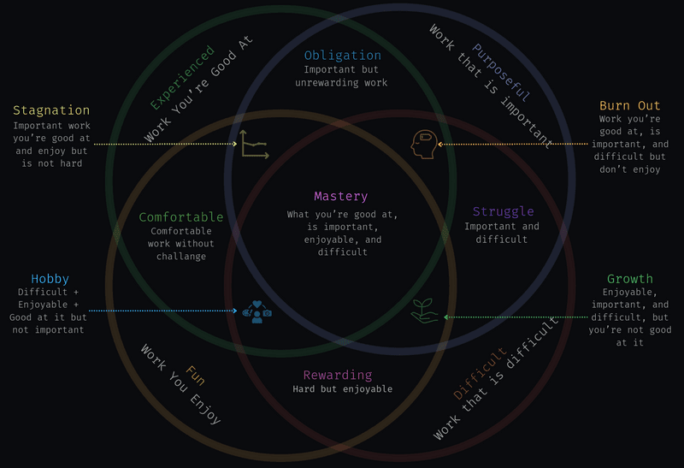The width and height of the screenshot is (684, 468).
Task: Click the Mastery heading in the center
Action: pyautogui.click(x=340, y=197)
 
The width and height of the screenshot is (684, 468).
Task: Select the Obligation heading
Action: pyautogui.click(x=343, y=56)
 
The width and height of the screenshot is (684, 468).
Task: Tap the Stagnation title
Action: pyautogui.click(x=51, y=110)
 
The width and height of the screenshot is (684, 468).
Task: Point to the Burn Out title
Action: pyautogui.click(x=629, y=105)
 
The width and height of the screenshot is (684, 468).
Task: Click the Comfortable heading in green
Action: pyautogui.click(x=181, y=217)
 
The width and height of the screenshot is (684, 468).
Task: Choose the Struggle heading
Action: pyautogui.click(x=503, y=211)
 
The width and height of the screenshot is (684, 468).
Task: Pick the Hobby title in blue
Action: pyautogui.click(x=50, y=279)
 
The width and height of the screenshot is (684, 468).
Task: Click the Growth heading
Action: pyautogui.click(x=630, y=279)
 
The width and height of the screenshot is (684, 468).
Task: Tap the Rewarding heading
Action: pyautogui.click(x=338, y=375)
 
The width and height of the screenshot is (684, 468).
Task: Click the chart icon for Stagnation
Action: pyautogui.click(x=254, y=144)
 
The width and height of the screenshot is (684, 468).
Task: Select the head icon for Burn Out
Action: pyautogui.click(x=423, y=144)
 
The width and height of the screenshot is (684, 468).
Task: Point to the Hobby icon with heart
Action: pyautogui.click(x=257, y=311)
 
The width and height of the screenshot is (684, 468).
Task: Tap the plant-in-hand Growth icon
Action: pyautogui.click(x=424, y=311)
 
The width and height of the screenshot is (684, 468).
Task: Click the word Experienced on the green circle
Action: pyautogui.click(x=182, y=77)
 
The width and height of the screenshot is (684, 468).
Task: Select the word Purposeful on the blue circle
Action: pyautogui.click(x=501, y=72)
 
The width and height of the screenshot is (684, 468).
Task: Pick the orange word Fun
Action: pyautogui.click(x=195, y=376)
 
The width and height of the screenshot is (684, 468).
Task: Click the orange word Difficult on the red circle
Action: pyautogui.click(x=480, y=373)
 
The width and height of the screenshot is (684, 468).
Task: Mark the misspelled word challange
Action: pyautogui.click(x=181, y=257)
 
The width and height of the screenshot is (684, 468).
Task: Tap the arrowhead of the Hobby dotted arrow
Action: pyautogui.click(x=236, y=311)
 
